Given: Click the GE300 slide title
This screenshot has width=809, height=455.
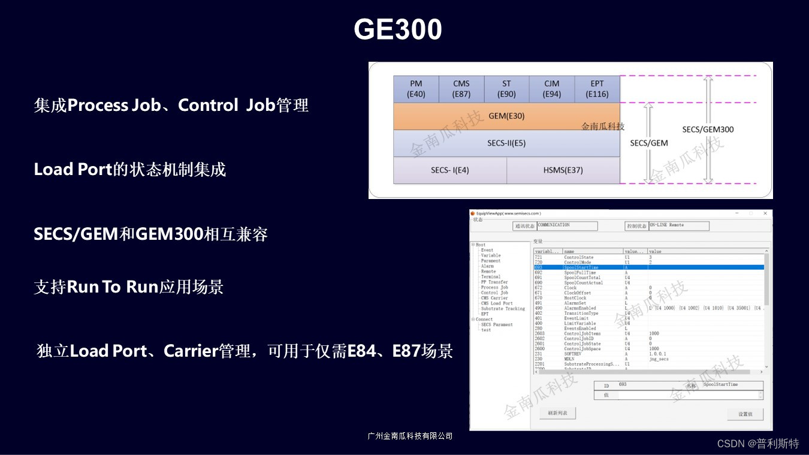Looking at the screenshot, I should tap(398, 29).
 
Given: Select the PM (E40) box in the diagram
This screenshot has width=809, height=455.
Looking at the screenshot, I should tap(416, 89).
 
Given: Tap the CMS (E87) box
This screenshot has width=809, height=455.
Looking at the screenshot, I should tap(461, 89).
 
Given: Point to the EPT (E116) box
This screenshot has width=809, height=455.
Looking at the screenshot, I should tap(597, 89).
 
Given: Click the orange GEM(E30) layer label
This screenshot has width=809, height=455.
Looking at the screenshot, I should tap(506, 116).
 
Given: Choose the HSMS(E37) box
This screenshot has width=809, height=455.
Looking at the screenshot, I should tap(563, 170).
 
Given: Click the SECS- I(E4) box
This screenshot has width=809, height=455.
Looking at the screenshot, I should tap(450, 170).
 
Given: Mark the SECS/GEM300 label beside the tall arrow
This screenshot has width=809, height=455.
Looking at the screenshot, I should tap(708, 129).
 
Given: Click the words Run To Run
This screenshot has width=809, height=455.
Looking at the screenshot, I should tap(113, 287).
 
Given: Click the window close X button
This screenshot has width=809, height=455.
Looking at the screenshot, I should tap(765, 213).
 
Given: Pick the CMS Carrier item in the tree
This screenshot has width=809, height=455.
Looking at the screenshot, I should tap(494, 298).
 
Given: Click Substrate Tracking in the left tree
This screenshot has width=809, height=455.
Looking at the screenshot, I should tap(503, 309).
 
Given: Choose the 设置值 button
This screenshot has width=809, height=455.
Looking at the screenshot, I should tap(745, 414).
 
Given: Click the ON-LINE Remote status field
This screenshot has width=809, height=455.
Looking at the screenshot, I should tap(678, 226).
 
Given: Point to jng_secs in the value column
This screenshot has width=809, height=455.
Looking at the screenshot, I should tap(659, 359).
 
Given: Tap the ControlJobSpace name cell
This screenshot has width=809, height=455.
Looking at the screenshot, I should tap(582, 349).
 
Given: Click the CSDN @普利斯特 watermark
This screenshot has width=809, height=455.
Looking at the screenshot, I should tap(758, 444).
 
